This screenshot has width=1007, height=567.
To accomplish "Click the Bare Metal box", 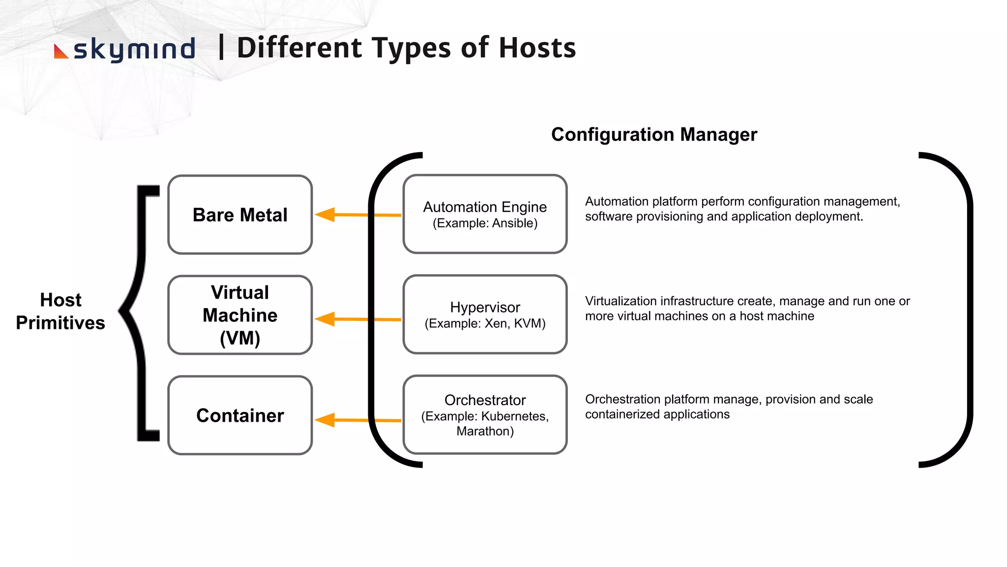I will pyautogui.click(x=240, y=215).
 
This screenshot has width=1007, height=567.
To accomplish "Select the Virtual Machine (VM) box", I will pyautogui.click(x=240, y=315).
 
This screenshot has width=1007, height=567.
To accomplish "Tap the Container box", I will pyautogui.click(x=240, y=415).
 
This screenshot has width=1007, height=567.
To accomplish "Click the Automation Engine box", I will pyautogui.click(x=485, y=214).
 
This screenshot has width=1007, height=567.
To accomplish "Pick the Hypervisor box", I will pyautogui.click(x=485, y=314).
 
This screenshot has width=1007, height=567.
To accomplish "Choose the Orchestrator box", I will pyautogui.click(x=485, y=414).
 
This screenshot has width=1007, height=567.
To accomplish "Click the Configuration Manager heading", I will pyautogui.click(x=654, y=134).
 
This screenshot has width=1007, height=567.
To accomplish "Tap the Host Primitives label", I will pyautogui.click(x=60, y=311).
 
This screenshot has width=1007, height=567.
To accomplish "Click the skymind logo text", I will pyautogui.click(x=134, y=49).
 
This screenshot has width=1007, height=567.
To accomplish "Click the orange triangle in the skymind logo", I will pyautogui.click(x=60, y=52).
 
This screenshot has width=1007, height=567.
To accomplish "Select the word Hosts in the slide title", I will pyautogui.click(x=537, y=48).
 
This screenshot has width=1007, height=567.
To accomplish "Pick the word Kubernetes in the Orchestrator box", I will pyautogui.click(x=514, y=416).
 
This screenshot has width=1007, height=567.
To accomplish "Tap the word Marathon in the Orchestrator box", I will pyautogui.click(x=483, y=432).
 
